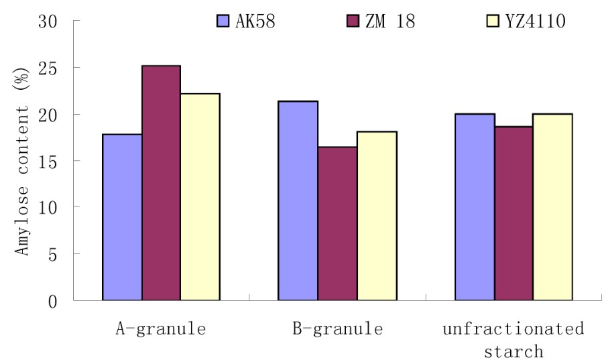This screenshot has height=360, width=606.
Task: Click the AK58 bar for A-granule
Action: click(121, 217)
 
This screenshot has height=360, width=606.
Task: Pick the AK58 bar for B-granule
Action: click(298, 200)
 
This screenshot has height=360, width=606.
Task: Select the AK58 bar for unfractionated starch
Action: click(475, 207)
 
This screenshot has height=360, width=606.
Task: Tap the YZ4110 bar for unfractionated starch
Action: click(553, 207)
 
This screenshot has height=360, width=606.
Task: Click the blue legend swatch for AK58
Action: click(225, 21)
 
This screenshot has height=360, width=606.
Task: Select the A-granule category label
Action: click(160, 329)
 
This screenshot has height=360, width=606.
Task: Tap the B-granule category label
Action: click(337, 329)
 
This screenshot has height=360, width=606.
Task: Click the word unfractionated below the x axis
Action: click(513, 329)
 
